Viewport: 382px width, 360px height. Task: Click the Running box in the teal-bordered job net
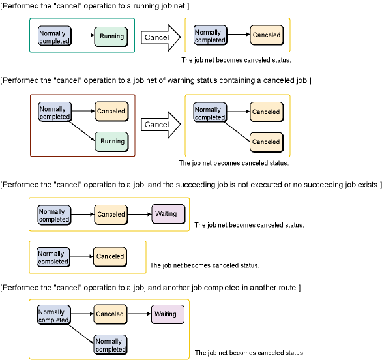(x=111, y=37)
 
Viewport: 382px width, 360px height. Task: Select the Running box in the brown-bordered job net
(x=111, y=142)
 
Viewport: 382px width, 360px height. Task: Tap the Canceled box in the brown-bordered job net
(x=111, y=112)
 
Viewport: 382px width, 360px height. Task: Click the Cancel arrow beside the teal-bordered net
(x=161, y=38)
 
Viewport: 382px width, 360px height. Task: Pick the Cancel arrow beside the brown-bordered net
(x=161, y=125)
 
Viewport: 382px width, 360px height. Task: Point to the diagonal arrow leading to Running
(x=82, y=131)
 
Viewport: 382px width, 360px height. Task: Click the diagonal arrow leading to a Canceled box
(x=237, y=131)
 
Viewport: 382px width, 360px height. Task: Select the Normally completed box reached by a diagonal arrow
(x=111, y=344)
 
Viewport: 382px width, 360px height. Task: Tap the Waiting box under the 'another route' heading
(x=168, y=314)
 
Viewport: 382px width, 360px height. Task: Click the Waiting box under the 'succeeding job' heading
(x=168, y=215)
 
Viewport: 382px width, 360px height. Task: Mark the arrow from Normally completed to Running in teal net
(x=83, y=35)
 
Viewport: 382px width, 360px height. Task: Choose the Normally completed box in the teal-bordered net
(x=55, y=36)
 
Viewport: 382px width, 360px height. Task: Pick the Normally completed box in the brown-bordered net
(x=55, y=112)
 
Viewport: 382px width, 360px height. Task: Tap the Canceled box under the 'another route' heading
(x=110, y=314)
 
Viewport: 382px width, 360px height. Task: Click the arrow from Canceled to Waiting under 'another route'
(x=140, y=314)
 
